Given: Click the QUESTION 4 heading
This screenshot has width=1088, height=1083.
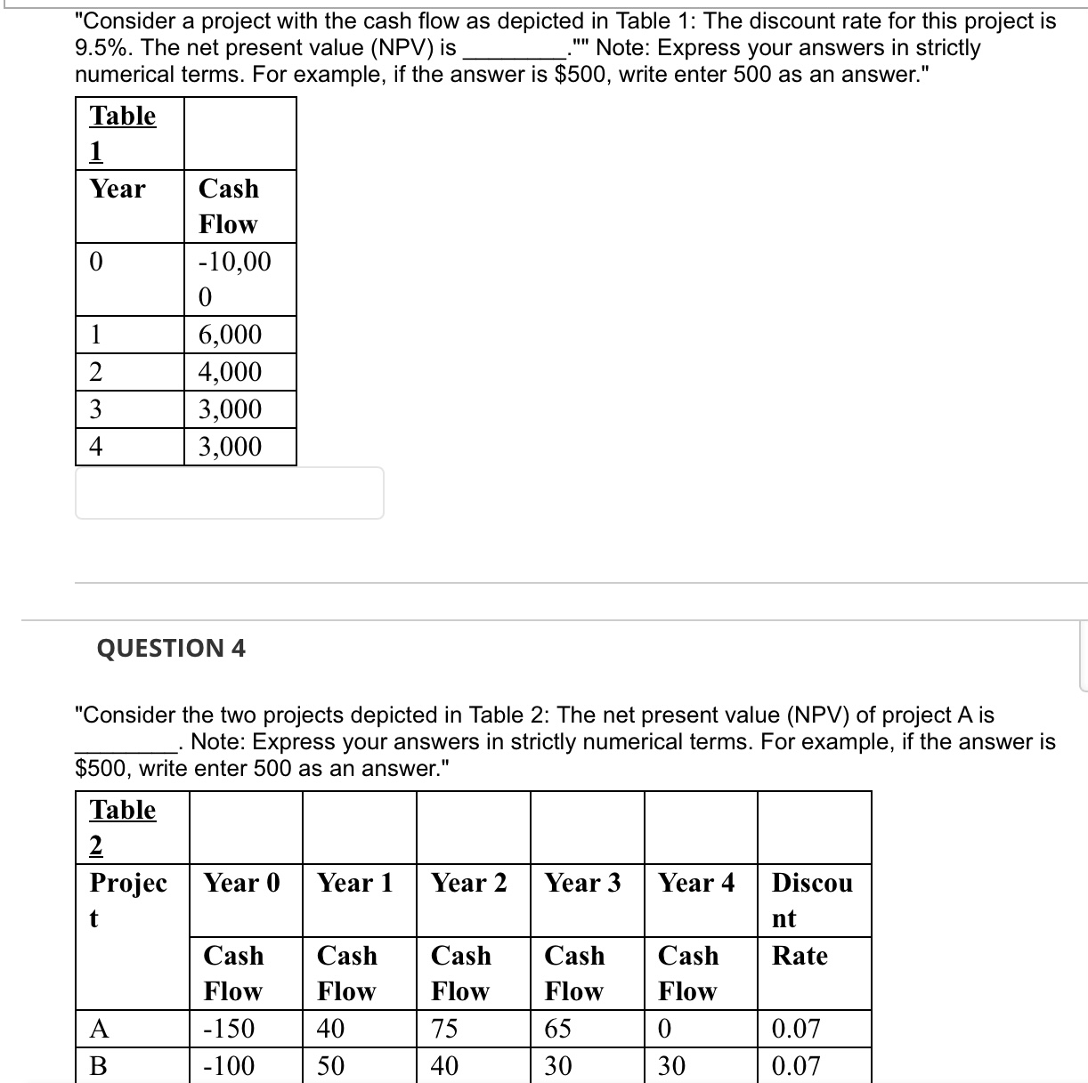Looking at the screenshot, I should pos(171,648).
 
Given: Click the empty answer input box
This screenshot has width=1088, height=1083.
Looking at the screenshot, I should pos(230,493).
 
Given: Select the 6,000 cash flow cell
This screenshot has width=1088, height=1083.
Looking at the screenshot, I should pos(230,335).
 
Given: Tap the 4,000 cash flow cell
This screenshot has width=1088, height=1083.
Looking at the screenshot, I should pos(230,372).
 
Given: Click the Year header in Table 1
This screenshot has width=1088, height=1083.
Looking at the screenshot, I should pos(118,189).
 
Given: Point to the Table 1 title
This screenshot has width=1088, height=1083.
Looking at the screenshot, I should pos(123,132).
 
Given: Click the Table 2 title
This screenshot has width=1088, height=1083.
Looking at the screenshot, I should pos(123,826).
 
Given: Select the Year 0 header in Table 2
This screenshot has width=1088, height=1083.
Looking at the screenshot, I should pos(242,883).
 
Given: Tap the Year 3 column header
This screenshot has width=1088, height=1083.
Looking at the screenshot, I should pos(583,883).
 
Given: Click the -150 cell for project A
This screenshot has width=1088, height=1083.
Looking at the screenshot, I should pos(229,1029).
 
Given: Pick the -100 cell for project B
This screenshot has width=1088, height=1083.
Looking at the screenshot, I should pos(229,1066).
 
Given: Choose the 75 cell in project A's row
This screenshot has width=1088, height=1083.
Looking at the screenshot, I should pos(444,1029).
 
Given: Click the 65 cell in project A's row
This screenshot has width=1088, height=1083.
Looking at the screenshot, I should pos(558,1029).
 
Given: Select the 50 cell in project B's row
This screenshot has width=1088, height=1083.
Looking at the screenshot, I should pos(330,1066).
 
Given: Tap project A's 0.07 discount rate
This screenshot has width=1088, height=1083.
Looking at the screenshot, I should pos(796,1029).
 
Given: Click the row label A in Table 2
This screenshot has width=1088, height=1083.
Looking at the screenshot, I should pos(100,1029).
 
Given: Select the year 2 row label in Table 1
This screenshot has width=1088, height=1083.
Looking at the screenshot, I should pos(96,372).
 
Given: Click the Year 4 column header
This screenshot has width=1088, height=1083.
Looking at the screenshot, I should pos(697,883).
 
